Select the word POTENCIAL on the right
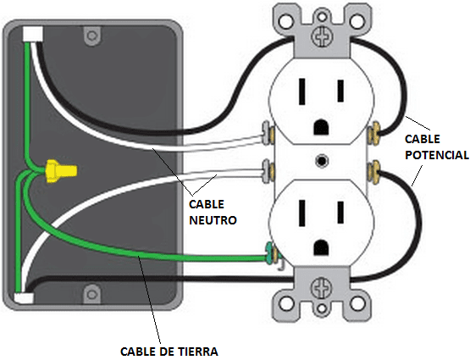pos(435,156)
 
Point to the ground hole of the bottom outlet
pos(321,246)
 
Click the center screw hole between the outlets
pos(321,159)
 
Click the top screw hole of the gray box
pos(90,36)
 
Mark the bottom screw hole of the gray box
pos(91,295)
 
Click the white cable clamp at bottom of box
pos(24,296)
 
